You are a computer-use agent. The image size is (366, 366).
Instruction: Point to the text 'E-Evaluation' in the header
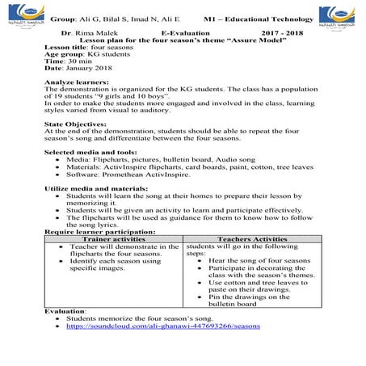point(185,31)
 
